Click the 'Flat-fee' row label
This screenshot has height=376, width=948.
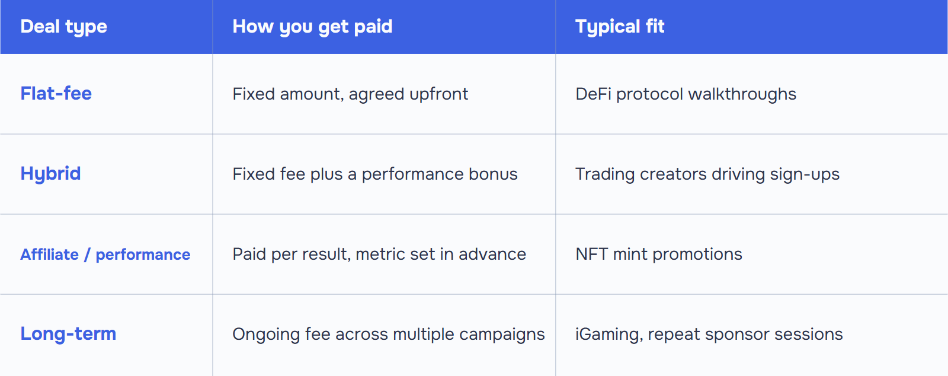tap(56, 93)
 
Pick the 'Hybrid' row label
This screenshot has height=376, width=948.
tap(50, 174)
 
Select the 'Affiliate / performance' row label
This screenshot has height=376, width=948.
tap(105, 254)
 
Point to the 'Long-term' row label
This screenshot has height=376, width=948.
tap(68, 334)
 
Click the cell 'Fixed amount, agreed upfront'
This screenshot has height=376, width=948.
tap(350, 94)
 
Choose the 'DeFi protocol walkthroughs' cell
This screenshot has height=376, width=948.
tap(686, 94)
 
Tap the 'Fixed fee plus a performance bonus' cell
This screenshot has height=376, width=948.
tap(375, 174)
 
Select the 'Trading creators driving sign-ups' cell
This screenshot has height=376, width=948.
tap(707, 174)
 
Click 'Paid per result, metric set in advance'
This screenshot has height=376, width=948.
tap(379, 254)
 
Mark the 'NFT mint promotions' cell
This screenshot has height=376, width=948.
tap(658, 254)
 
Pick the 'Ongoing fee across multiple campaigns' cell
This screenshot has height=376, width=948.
tap(389, 334)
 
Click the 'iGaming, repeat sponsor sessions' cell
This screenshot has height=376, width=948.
tap(709, 334)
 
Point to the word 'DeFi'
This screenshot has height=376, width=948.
tap(593, 94)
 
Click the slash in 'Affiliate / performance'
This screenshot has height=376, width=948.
tap(87, 254)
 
